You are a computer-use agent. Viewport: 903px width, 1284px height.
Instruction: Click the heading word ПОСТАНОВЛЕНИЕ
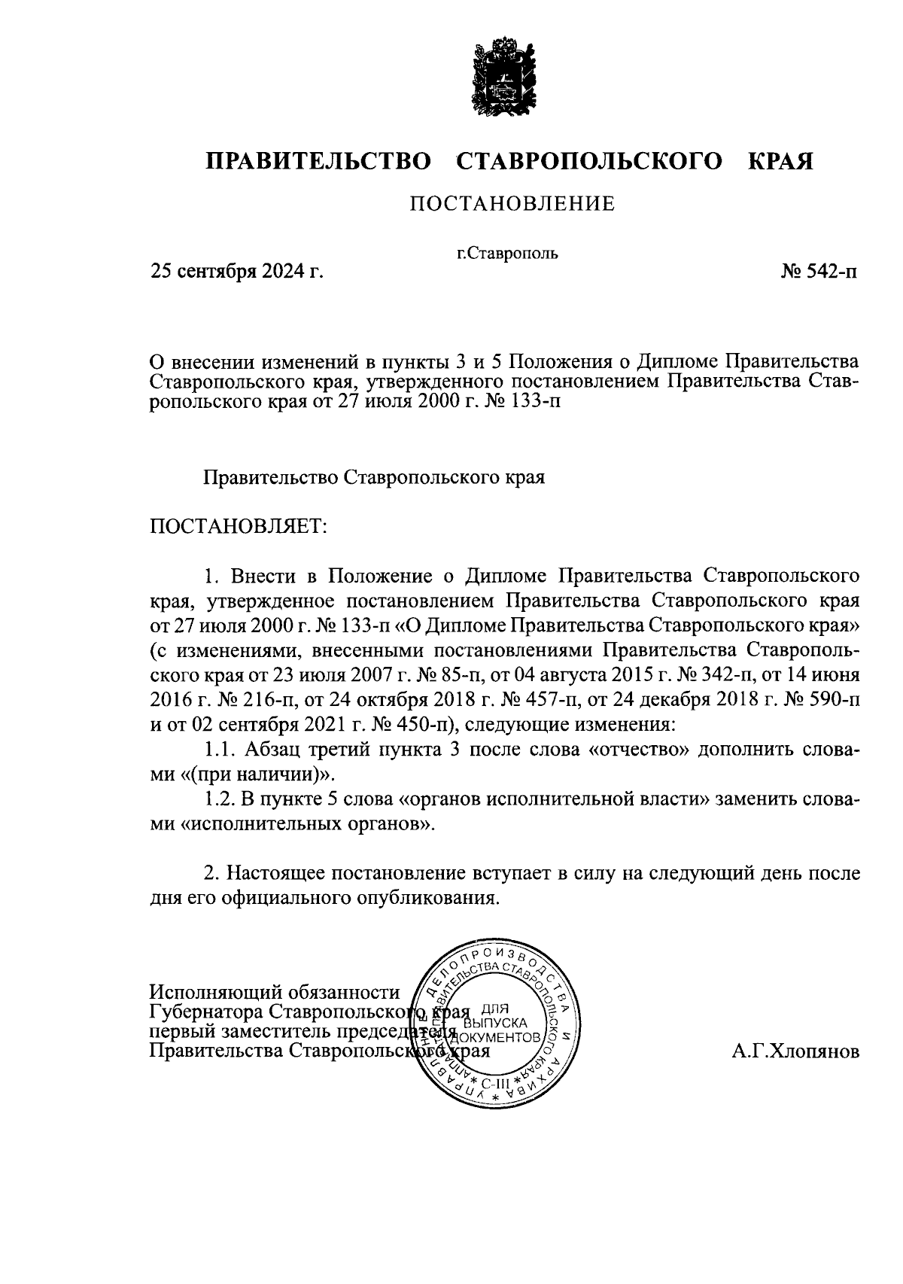[512, 204]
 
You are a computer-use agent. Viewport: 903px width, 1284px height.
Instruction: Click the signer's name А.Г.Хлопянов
[795, 1051]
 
